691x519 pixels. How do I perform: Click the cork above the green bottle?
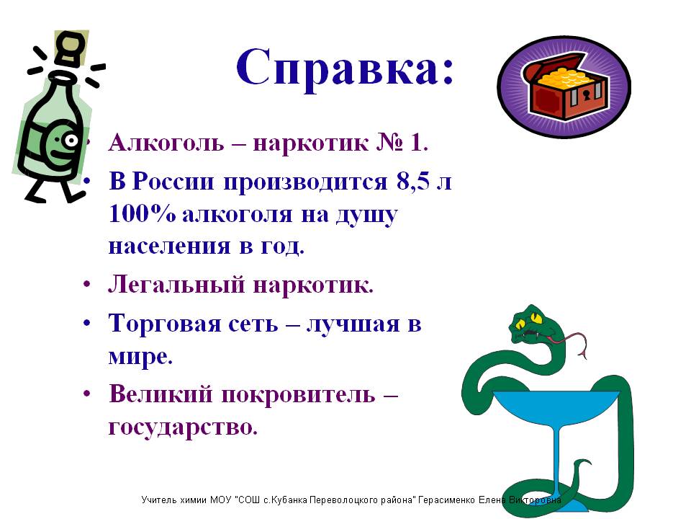(71, 48)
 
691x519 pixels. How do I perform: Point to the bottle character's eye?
(70, 141)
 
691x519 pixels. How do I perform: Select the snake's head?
(533, 324)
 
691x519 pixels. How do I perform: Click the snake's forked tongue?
(571, 342)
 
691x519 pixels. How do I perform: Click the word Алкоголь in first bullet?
(166, 143)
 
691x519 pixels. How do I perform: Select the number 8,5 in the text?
(412, 180)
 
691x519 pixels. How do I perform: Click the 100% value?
(142, 214)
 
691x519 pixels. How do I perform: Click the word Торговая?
(165, 324)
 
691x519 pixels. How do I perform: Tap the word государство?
(183, 427)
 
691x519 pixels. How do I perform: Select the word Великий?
(161, 394)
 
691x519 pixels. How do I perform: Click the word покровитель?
(298, 394)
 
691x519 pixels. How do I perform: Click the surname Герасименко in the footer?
(446, 500)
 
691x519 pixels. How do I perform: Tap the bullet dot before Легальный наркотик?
(87, 284)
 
